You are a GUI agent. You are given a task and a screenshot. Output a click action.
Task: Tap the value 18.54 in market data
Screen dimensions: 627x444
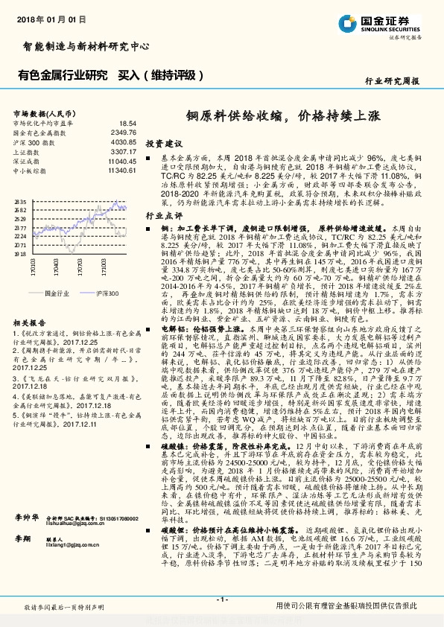[127, 123]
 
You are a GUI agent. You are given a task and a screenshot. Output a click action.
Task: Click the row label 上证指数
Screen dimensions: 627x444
[27, 150]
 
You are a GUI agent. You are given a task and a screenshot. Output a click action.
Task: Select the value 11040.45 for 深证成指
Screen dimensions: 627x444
[121, 160]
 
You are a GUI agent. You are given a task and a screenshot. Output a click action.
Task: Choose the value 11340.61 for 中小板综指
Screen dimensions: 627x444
[121, 170]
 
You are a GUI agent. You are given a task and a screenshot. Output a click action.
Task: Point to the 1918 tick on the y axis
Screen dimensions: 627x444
[20, 254]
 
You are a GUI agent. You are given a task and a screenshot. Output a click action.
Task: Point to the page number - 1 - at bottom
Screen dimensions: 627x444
[221, 599]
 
